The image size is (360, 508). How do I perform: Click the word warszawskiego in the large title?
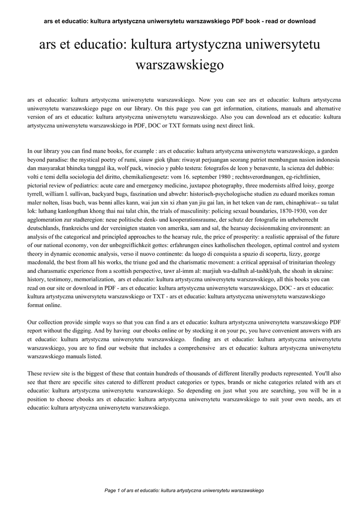180,65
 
